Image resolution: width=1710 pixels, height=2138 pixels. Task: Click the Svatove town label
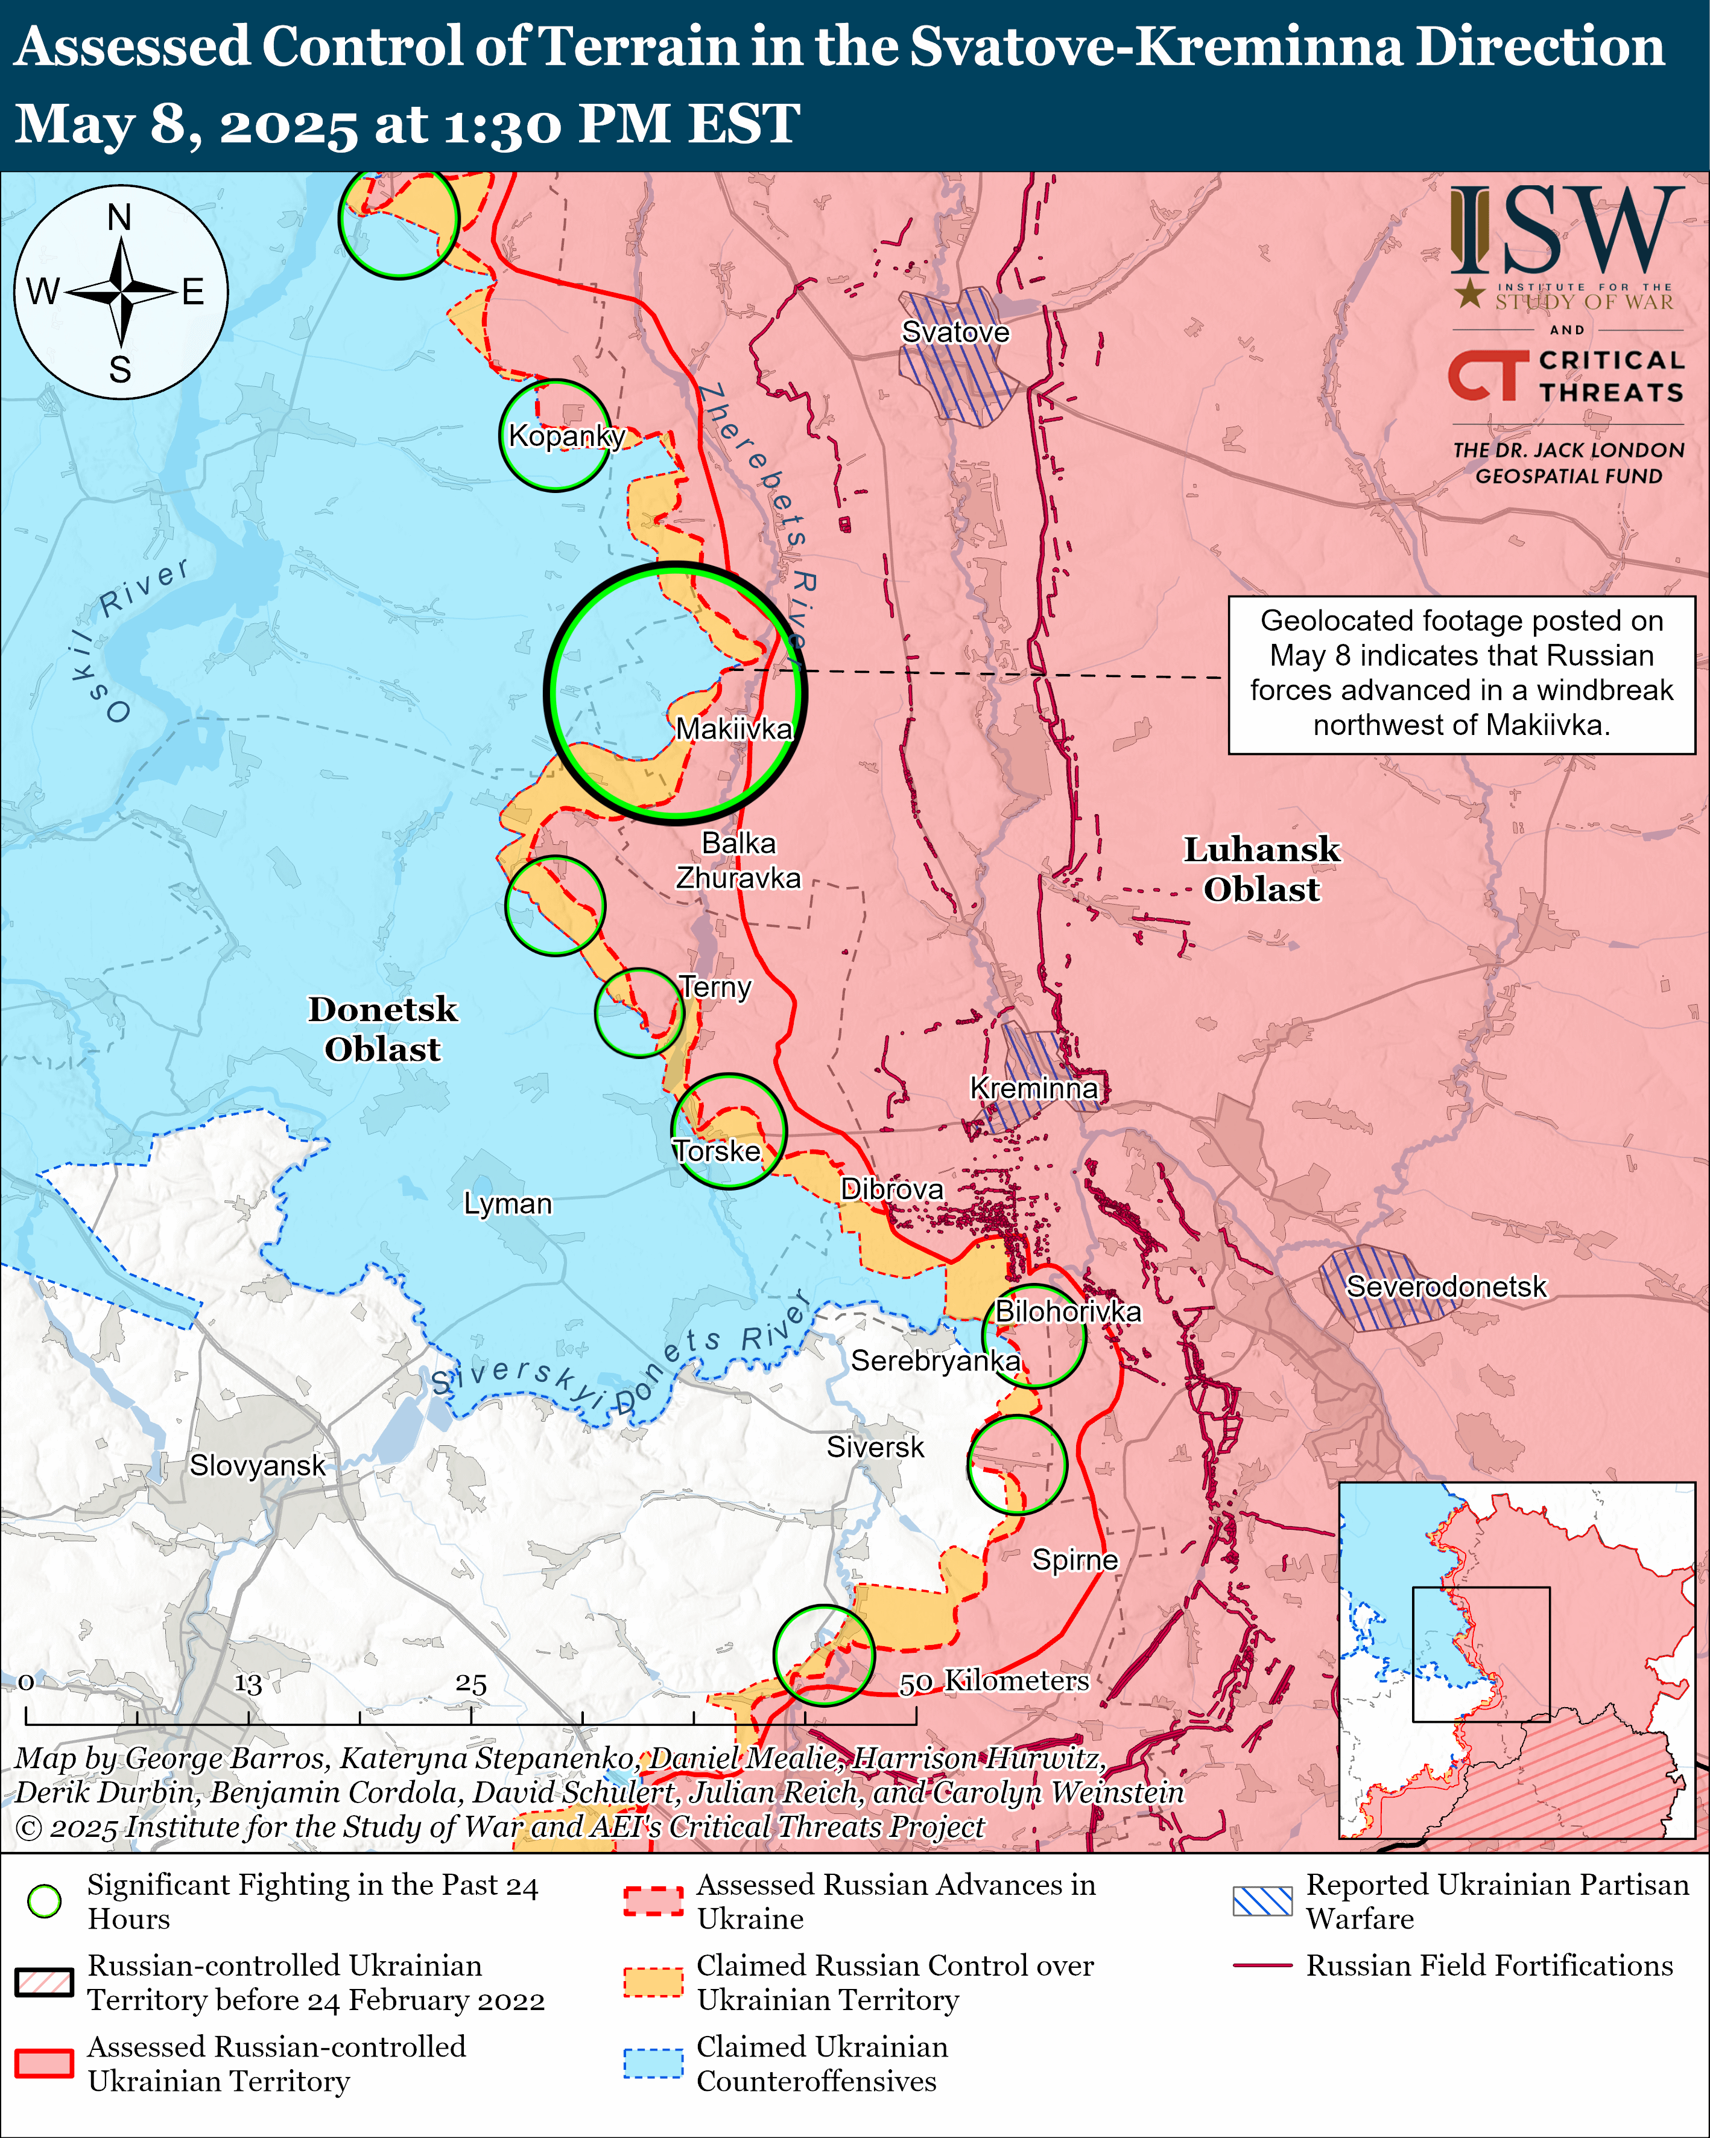coord(955,332)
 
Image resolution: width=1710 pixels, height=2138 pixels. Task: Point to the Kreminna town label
coord(1033,1088)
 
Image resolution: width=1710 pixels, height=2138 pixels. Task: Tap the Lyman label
coord(507,1204)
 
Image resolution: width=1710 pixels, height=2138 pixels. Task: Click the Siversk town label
coord(875,1447)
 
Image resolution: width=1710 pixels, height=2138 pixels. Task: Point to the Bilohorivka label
coord(1068,1311)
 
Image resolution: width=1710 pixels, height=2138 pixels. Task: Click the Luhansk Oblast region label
coord(1261,869)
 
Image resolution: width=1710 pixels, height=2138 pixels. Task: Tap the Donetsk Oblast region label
coord(382,1028)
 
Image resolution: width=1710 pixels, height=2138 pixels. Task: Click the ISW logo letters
coord(1566,233)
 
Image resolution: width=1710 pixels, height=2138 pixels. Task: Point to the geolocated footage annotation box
coord(1461,674)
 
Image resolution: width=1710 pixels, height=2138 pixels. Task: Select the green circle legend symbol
coord(45,1901)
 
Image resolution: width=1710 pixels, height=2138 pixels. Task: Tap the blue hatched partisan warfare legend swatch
coord(1262,1901)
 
